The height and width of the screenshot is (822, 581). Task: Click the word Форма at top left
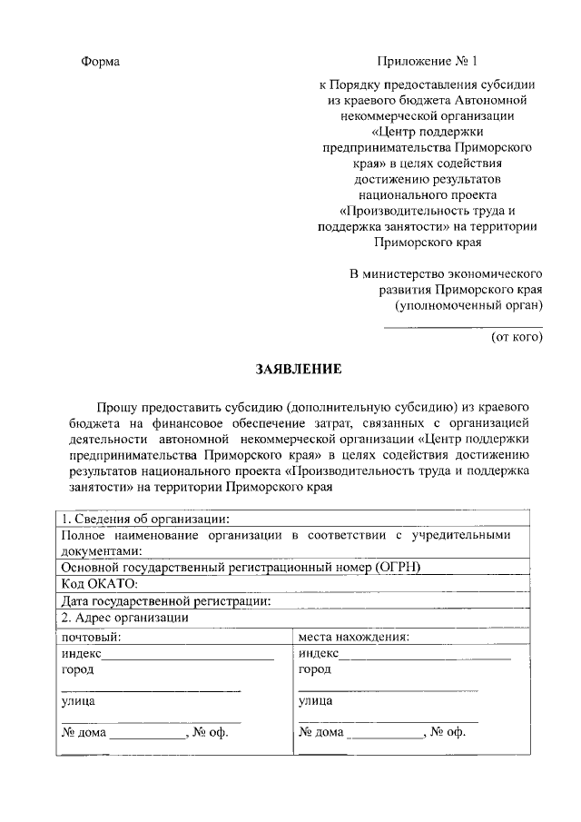(x=101, y=62)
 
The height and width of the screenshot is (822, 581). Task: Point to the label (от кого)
(x=517, y=337)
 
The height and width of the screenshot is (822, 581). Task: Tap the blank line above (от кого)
(x=463, y=325)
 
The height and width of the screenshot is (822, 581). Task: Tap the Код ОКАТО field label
(x=98, y=584)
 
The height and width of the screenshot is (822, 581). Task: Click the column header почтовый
(x=91, y=636)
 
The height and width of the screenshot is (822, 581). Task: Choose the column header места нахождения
(x=353, y=636)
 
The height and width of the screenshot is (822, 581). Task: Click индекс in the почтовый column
(x=81, y=653)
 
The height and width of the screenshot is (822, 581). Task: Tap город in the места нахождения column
(x=314, y=669)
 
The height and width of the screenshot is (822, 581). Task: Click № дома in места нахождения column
(x=321, y=732)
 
